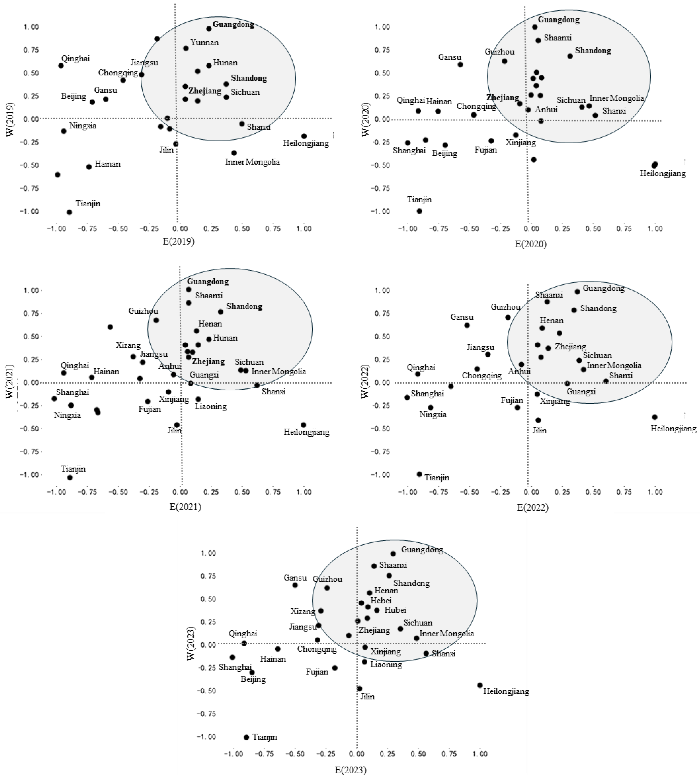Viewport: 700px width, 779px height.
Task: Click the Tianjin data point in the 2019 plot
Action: point(69,212)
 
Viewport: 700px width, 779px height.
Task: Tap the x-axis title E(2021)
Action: point(185,507)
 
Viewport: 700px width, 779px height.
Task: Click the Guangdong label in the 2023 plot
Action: point(422,550)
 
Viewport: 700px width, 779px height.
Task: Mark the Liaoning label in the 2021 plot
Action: point(211,406)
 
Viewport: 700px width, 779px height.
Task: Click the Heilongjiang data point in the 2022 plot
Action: point(655,417)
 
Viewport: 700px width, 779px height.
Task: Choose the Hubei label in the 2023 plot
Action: point(395,610)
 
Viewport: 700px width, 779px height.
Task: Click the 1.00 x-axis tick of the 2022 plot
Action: point(655,492)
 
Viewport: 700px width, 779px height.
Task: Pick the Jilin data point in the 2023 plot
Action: point(360,689)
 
